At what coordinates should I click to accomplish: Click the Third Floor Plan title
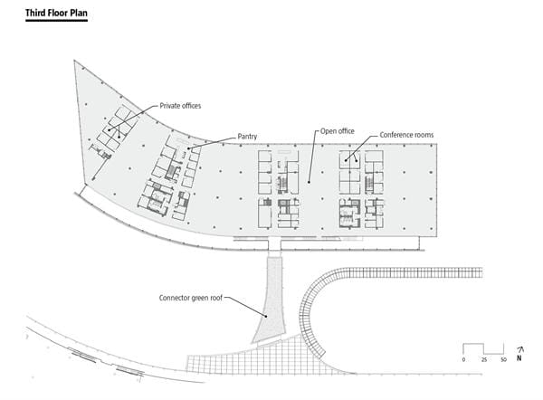pyautogui.click(x=56, y=14)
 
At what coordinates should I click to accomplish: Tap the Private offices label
pyautogui.click(x=180, y=106)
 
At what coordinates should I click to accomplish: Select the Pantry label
pyautogui.click(x=247, y=137)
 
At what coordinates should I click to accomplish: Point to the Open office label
pyautogui.click(x=338, y=131)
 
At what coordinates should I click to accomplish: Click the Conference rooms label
pyautogui.click(x=406, y=135)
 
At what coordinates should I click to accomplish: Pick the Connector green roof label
pyautogui.click(x=191, y=298)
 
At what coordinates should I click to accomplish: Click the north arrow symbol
pyautogui.click(x=519, y=354)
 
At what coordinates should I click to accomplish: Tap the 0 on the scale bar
pyautogui.click(x=463, y=360)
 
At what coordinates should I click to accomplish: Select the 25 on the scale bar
pyautogui.click(x=484, y=360)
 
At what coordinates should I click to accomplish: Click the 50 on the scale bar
pyautogui.click(x=503, y=360)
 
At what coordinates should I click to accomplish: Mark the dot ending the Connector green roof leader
pyautogui.click(x=266, y=316)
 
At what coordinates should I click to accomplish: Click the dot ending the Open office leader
pyautogui.click(x=309, y=182)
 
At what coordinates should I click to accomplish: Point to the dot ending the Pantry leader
pyautogui.click(x=189, y=148)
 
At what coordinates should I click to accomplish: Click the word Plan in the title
pyautogui.click(x=80, y=14)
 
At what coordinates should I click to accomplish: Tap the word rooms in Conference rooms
pyautogui.click(x=424, y=135)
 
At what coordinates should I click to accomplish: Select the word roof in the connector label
pyautogui.click(x=216, y=298)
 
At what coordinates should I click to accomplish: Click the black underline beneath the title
pyautogui.click(x=56, y=21)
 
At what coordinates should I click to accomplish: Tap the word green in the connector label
pyautogui.click(x=199, y=298)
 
